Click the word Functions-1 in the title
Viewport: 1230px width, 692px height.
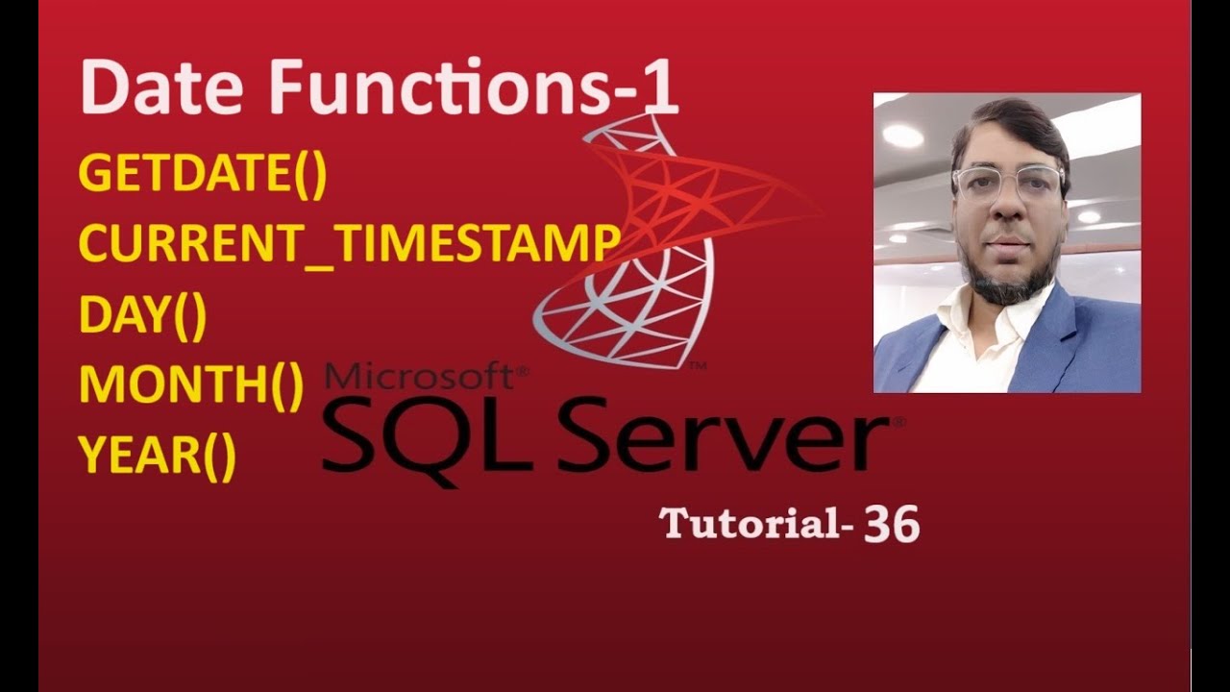[x=475, y=89]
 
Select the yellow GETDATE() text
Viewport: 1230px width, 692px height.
[x=203, y=175]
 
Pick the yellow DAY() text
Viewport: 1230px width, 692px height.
[x=142, y=316]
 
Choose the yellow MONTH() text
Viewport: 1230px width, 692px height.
[x=190, y=385]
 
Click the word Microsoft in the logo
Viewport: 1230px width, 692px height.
[x=423, y=377]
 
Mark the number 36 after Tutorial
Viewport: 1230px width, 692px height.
[x=892, y=525]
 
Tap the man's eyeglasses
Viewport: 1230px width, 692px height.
[x=1008, y=180]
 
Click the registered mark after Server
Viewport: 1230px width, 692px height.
[x=898, y=421]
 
